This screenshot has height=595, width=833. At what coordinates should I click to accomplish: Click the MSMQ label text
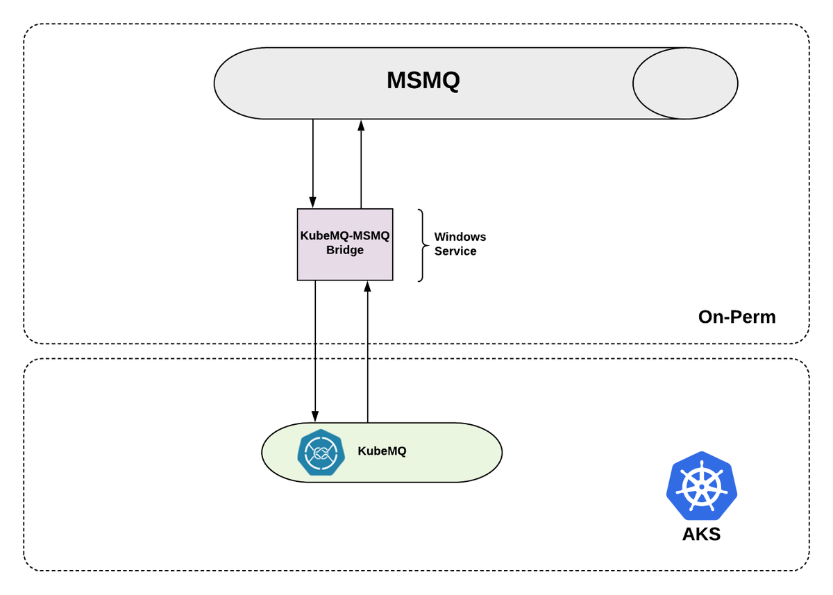[x=423, y=81]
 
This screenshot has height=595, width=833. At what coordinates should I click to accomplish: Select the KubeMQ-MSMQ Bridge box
[x=345, y=244]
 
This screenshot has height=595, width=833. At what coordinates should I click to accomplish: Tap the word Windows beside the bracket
[x=460, y=237]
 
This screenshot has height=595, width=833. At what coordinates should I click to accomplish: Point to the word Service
[x=455, y=251]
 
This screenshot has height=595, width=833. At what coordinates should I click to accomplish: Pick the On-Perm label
[x=737, y=317]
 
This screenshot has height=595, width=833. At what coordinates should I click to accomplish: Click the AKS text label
[x=701, y=535]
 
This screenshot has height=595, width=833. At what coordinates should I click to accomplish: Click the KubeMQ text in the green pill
[x=382, y=451]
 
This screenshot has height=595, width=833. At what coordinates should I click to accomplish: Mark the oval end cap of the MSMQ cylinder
[x=684, y=83]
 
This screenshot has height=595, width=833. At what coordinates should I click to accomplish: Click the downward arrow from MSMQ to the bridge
[x=313, y=163]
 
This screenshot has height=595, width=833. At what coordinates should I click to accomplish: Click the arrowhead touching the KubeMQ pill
[x=315, y=417]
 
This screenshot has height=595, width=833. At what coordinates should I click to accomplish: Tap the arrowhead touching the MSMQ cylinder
[x=361, y=125]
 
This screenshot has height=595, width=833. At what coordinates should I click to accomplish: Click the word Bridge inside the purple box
[x=345, y=250]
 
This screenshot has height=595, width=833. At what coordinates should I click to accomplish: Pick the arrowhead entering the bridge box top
[x=313, y=203]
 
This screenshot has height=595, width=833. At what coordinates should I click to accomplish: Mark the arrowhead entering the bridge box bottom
[x=368, y=286]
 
